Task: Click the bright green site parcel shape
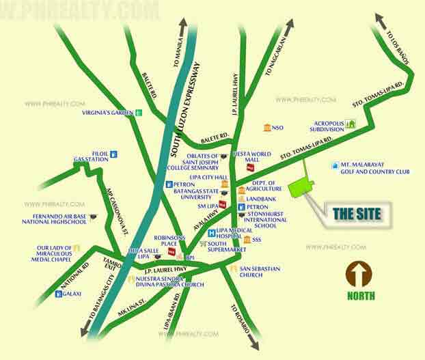coord(302,186)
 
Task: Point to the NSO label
coord(277,128)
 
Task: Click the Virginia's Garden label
coord(107,113)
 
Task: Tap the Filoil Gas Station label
coord(92,156)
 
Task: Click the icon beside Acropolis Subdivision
coord(351,124)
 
